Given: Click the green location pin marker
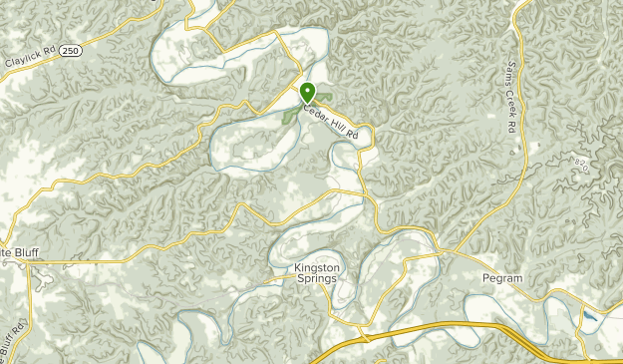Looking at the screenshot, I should pyautogui.click(x=307, y=92).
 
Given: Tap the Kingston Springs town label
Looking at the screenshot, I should pyautogui.click(x=317, y=273).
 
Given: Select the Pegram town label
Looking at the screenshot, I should pyautogui.click(x=501, y=279).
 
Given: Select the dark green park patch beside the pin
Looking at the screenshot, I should pyautogui.click(x=291, y=114).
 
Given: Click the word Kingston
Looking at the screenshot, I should pyautogui.click(x=317, y=267).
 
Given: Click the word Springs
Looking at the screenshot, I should pyautogui.click(x=317, y=279).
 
